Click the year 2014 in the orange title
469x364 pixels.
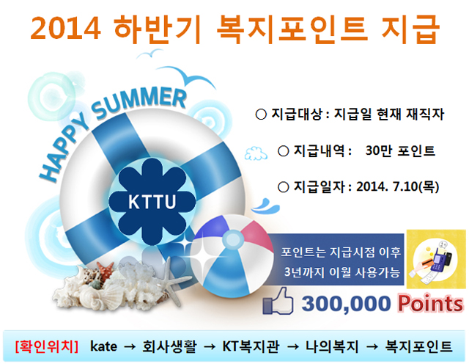click(65, 28)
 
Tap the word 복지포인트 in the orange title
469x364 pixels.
click(292, 29)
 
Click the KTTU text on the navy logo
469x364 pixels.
click(152, 202)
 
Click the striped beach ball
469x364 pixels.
click(232, 255)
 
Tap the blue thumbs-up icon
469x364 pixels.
click(278, 301)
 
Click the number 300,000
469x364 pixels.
click(346, 304)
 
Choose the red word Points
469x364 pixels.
click(430, 304)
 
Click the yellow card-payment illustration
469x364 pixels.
click(436, 259)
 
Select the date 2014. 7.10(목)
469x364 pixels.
click(397, 186)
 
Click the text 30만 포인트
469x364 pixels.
click(400, 150)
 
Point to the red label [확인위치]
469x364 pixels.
click(46, 346)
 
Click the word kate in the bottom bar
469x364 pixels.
click(103, 346)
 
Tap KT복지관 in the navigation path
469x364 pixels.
click(251, 346)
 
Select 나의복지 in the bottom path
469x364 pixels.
click(332, 346)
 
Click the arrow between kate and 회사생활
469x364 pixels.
click(130, 347)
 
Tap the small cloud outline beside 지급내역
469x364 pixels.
click(256, 153)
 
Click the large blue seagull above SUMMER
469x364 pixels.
click(187, 76)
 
